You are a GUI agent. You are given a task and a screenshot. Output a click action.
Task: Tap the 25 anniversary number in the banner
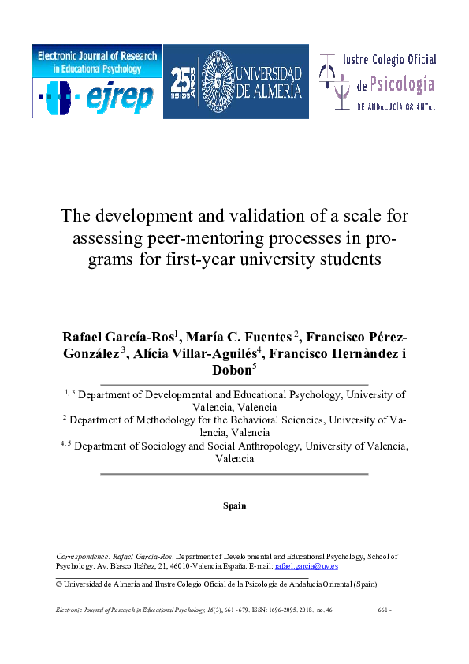(x=182, y=79)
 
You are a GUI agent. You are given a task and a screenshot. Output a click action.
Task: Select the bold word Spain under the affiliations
(x=234, y=505)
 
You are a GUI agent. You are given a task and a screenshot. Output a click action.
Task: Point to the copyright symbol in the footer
(x=58, y=584)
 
